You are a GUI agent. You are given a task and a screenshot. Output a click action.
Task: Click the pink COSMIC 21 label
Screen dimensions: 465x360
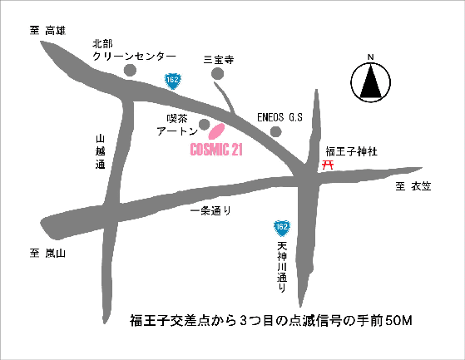tap(215, 151)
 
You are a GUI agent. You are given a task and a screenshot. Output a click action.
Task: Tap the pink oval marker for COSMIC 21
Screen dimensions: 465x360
tap(216, 132)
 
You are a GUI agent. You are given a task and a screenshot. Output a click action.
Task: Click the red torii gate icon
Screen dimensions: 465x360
tap(329, 165)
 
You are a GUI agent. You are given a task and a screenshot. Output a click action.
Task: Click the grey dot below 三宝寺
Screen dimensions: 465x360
tap(218, 75)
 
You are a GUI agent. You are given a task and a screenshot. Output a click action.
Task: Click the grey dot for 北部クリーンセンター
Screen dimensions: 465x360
tap(130, 71)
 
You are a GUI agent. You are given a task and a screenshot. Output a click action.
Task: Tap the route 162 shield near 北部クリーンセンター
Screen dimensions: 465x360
tap(172, 80)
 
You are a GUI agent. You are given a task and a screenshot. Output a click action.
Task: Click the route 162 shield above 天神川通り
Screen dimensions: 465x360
tap(283, 227)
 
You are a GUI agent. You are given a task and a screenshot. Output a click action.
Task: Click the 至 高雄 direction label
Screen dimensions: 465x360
tap(47, 30)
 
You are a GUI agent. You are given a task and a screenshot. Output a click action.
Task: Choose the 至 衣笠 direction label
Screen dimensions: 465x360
tap(414, 187)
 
